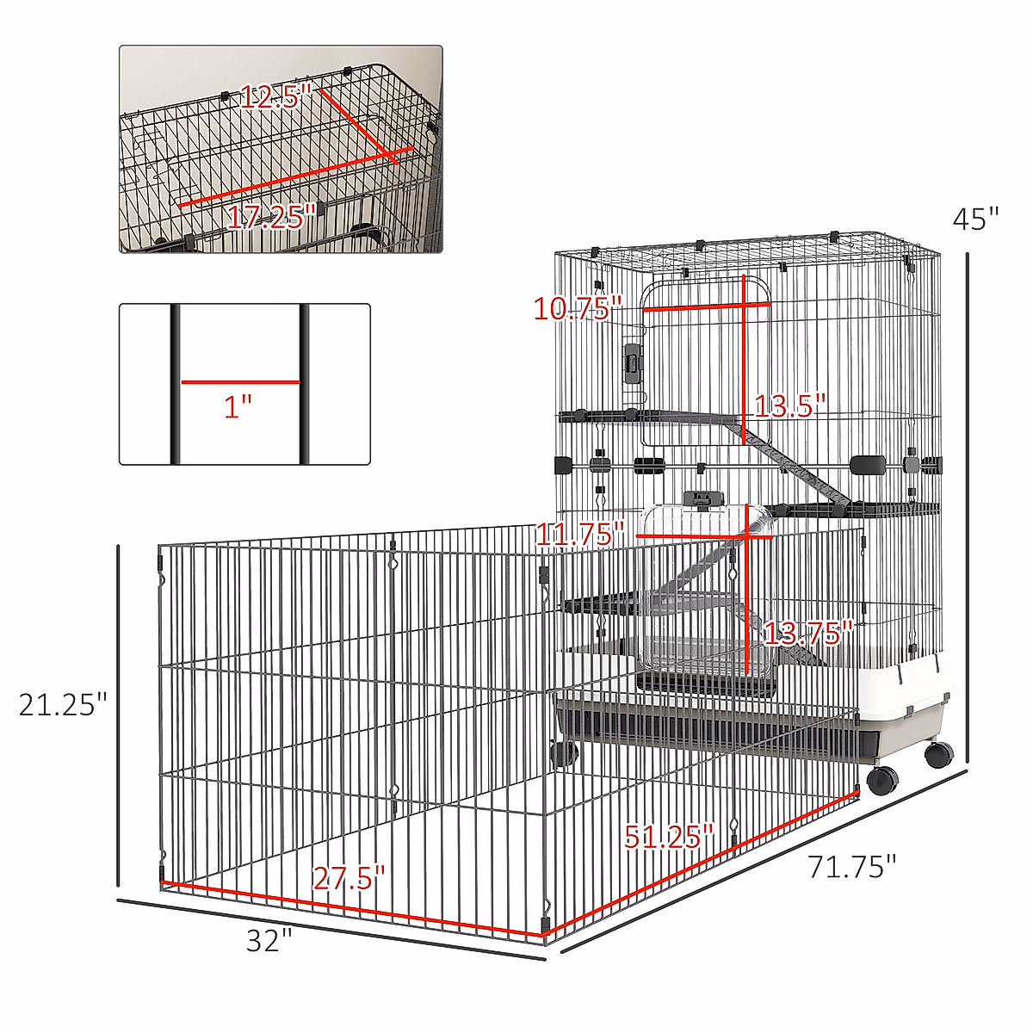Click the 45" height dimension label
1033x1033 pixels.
[x=975, y=219]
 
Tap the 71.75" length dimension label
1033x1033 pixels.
[x=851, y=866]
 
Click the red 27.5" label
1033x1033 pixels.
[x=349, y=878]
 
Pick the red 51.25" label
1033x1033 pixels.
[x=669, y=835]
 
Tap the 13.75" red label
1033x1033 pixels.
[x=807, y=634]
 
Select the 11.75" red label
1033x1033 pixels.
[x=579, y=535]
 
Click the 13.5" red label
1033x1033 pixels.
[x=789, y=405]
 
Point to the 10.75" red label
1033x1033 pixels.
[x=577, y=307]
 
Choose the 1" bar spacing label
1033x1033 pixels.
[x=238, y=405]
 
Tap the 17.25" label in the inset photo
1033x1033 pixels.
[x=269, y=217]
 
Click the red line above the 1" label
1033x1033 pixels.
[x=239, y=381]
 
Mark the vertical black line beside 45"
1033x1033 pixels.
[x=968, y=508]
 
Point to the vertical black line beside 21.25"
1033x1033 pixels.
[x=119, y=714]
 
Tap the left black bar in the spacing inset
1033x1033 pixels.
[x=176, y=384]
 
